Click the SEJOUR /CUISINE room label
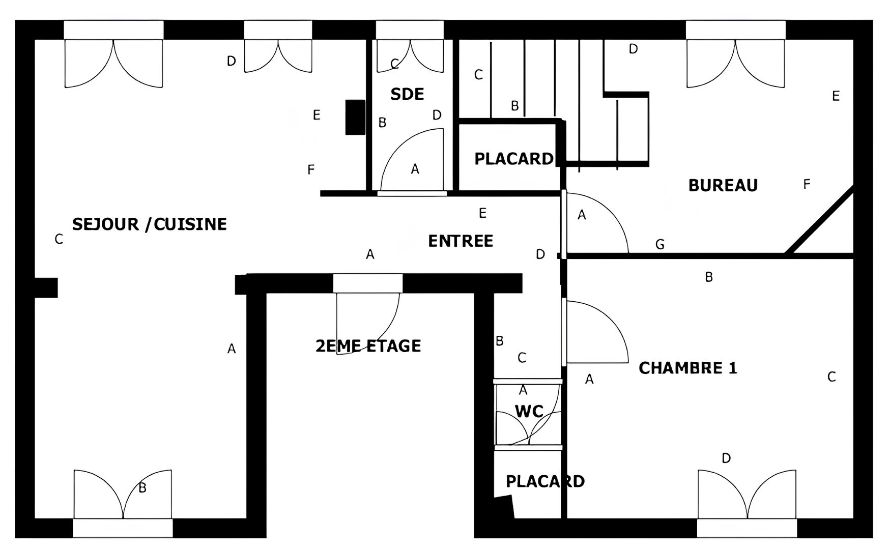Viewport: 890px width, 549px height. [149, 224]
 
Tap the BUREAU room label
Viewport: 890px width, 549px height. [723, 185]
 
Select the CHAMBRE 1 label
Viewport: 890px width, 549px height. [688, 368]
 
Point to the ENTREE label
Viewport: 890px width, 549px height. [461, 241]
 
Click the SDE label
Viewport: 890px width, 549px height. [407, 94]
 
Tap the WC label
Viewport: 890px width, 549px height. [529, 411]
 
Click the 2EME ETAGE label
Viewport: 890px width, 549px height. [368, 346]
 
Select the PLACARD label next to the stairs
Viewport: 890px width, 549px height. [514, 159]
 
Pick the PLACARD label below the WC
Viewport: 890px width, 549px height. [545, 481]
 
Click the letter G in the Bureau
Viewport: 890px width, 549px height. [660, 245]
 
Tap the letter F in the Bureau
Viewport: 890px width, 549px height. [807, 184]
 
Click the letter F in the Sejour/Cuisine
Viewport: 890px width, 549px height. [311, 169]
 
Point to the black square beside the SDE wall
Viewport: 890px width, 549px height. [355, 117]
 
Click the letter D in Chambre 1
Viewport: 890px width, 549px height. [726, 458]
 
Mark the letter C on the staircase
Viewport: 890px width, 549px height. [478, 75]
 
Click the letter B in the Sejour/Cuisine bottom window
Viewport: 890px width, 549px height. [142, 488]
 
